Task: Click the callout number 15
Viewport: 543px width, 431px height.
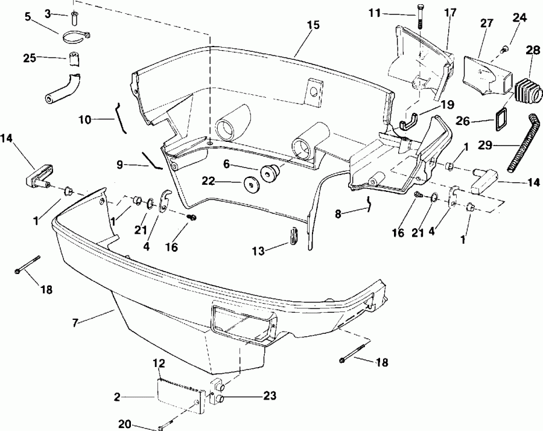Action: coord(313,27)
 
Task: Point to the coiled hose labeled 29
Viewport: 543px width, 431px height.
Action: coord(526,142)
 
